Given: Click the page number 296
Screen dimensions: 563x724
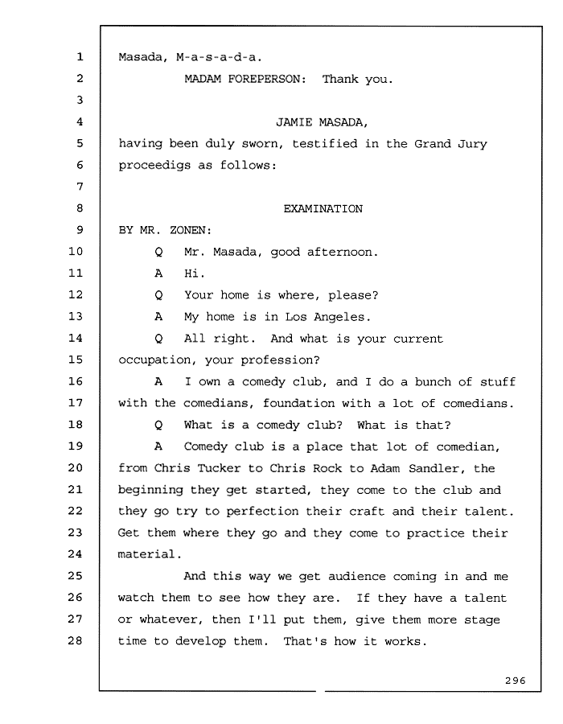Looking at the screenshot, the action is (515, 681).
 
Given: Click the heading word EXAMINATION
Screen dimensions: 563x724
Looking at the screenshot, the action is (323, 208).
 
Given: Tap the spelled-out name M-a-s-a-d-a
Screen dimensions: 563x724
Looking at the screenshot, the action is (219, 57).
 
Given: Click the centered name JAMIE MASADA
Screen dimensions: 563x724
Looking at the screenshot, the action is (321, 122).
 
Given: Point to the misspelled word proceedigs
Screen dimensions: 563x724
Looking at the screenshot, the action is (154, 166).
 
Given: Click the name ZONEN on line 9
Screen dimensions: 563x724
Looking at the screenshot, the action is (188, 230).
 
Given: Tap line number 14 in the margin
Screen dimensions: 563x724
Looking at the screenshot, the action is (76, 338).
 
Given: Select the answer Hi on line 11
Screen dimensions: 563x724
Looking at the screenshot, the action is (193, 274).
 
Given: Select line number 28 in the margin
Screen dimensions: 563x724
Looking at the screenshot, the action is (76, 640).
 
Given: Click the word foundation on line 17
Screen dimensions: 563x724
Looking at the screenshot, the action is (298, 403).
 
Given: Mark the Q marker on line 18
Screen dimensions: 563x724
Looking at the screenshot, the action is (158, 426).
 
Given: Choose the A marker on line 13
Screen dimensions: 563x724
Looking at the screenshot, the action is (158, 317).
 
